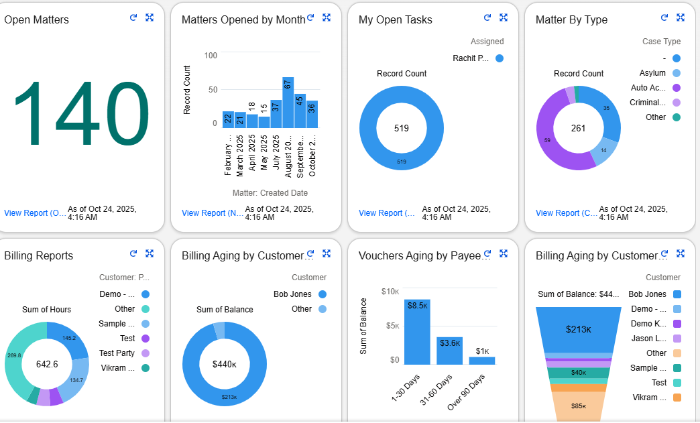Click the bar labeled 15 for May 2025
264,121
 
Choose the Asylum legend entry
652,73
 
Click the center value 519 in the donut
401,128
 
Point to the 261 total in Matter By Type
578,128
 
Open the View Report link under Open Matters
35,213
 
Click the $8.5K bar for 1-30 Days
416,332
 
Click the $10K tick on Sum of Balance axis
390,292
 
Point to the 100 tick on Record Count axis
211,56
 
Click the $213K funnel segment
578,329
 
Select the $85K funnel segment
578,406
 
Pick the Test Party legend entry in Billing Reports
116,353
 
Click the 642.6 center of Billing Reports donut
46,364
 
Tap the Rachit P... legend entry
471,58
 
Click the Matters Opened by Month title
243,20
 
